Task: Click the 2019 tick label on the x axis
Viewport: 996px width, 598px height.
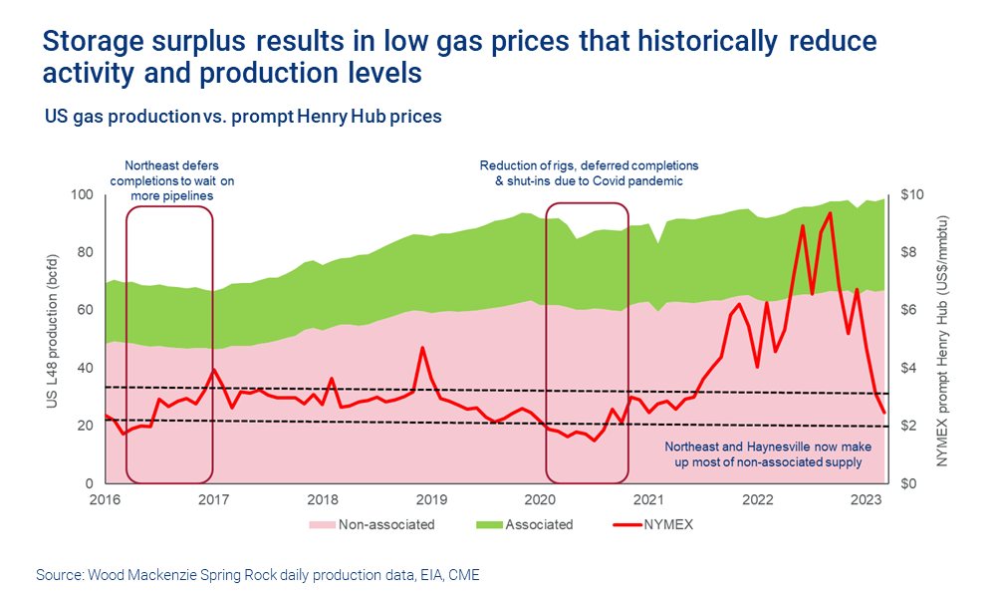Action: [x=430, y=498]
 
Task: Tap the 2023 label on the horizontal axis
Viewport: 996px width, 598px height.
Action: [x=866, y=498]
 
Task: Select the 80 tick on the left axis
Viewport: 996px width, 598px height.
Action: [x=85, y=252]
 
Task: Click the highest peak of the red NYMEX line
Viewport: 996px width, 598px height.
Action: [x=830, y=212]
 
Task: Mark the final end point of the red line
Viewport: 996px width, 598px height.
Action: [x=883, y=413]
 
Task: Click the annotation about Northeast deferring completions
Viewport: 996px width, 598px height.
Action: [x=171, y=180]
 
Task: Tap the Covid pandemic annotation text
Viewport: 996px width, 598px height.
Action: [x=589, y=173]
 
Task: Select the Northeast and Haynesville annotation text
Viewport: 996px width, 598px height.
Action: [x=763, y=454]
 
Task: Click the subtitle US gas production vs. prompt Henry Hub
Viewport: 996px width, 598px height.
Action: [x=242, y=117]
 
